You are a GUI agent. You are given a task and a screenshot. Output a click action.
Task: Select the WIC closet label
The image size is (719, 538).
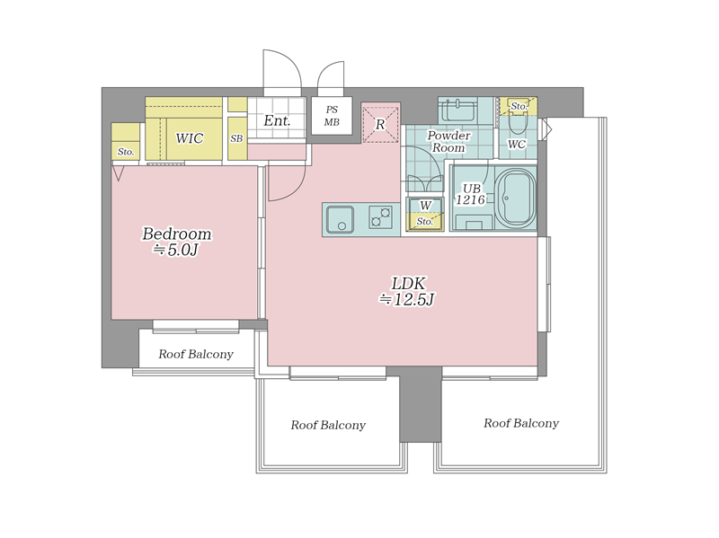coord(190,138)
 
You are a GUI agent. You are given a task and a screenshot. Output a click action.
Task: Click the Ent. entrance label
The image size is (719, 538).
coord(277,120)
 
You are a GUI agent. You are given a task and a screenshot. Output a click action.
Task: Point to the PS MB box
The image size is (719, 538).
coord(332,116)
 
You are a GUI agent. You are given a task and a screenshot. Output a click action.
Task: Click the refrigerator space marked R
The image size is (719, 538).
coord(380,124)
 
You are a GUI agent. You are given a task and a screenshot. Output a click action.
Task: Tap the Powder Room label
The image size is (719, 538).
coord(448,141)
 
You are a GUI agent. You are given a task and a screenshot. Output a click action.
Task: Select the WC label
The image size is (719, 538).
coord(516,144)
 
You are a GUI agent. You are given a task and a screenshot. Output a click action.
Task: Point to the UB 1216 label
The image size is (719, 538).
coord(471,194)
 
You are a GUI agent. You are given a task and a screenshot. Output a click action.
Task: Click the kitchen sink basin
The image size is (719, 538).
coord(340,219)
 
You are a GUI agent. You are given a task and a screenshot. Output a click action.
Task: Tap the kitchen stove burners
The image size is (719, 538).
coord(381,216)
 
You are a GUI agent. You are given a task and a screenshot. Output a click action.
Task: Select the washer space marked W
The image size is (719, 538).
coord(425,206)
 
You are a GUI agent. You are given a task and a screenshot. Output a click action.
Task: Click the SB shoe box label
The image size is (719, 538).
coord(236,138)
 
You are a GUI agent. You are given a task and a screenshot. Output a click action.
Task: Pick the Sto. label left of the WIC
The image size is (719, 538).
coord(125,151)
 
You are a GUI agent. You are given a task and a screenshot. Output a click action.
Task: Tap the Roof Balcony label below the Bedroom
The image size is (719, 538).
coord(196,354)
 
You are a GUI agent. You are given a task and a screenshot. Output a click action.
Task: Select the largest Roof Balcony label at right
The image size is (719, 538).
coord(521,422)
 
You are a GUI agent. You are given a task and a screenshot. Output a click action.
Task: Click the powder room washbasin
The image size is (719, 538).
coord(457,109)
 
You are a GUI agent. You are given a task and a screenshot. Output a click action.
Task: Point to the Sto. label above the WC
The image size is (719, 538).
coord(519,106)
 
